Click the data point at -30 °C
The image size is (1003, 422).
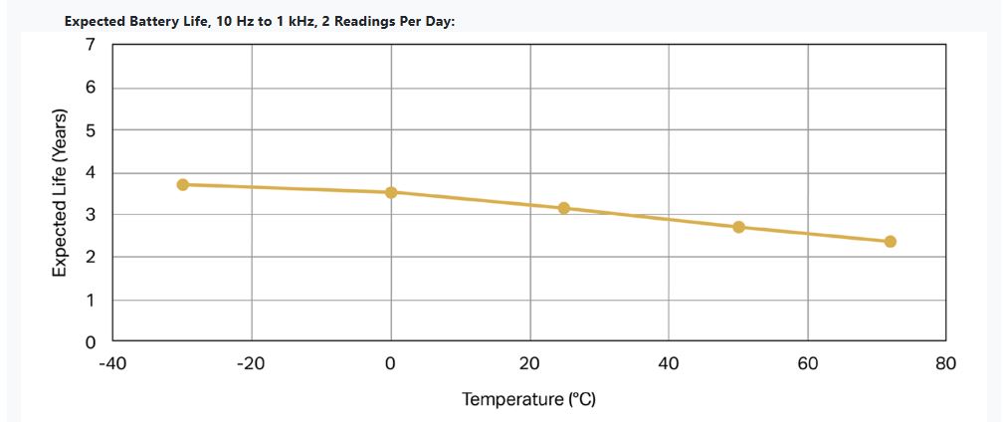click(x=183, y=184)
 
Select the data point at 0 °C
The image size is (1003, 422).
click(x=391, y=192)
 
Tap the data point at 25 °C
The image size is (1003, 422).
click(x=564, y=208)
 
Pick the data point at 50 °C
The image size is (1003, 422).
click(x=738, y=227)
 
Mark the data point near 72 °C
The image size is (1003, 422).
click(x=891, y=242)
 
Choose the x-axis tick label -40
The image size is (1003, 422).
click(x=112, y=364)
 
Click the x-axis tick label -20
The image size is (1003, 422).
click(x=251, y=364)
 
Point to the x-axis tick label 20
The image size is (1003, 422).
click(x=529, y=364)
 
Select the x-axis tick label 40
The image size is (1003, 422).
click(x=669, y=364)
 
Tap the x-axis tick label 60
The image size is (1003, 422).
click(x=808, y=364)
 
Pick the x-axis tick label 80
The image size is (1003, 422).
click(x=945, y=364)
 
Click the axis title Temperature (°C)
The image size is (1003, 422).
click(x=528, y=399)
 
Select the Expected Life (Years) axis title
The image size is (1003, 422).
click(x=60, y=193)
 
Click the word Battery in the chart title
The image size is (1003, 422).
click(x=153, y=21)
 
